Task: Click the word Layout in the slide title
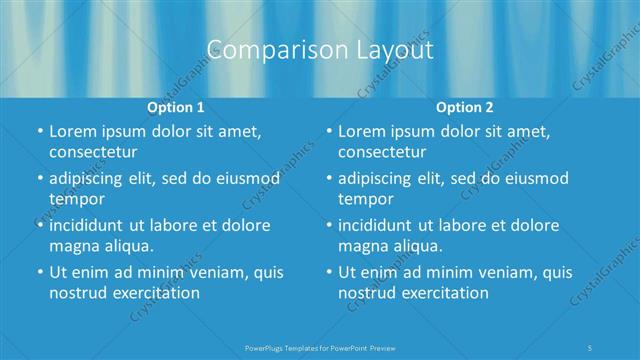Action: pyautogui.click(x=388, y=51)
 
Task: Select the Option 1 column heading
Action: pyautogui.click(x=176, y=106)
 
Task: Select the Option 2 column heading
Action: pyautogui.click(x=464, y=106)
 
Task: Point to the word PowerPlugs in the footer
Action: pyautogui.click(x=266, y=347)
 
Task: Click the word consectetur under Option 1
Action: pyautogui.click(x=93, y=152)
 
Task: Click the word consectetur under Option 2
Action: pyautogui.click(x=383, y=152)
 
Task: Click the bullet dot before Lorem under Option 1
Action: pyautogui.click(x=40, y=132)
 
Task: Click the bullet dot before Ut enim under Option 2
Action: pyautogui.click(x=330, y=272)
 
